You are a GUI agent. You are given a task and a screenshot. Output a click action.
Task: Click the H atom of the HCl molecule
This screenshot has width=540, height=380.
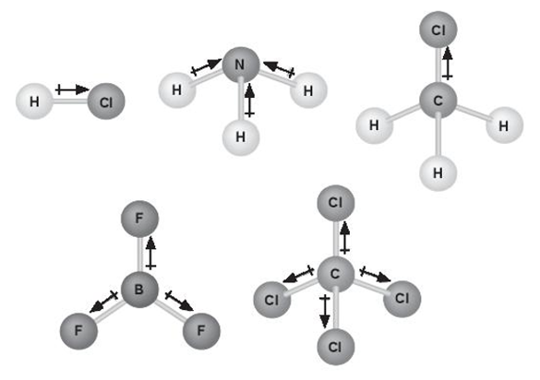[x=34, y=101]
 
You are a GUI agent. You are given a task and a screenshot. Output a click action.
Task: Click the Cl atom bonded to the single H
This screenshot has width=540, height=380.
[x=106, y=101]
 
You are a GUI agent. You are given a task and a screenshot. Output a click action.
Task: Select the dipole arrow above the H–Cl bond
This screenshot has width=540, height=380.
[x=72, y=89]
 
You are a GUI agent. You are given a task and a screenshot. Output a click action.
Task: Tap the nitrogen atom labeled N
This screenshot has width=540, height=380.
[x=240, y=65]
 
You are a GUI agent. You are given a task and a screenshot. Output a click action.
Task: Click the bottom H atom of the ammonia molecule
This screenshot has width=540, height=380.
[x=240, y=137]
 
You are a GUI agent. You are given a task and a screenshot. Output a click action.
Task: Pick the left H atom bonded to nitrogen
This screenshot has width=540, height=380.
[x=177, y=89]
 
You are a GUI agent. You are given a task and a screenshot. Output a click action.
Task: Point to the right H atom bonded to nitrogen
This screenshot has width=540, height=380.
[x=308, y=90]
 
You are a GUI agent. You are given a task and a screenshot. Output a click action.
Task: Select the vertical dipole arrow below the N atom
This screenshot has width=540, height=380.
[x=250, y=101]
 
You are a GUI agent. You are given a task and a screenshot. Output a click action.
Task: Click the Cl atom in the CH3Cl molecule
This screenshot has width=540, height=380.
[x=438, y=30]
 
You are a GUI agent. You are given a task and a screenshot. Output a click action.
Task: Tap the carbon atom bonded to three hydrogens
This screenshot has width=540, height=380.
[x=438, y=101]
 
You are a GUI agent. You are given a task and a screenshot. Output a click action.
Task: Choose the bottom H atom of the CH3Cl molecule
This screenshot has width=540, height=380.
[x=438, y=172]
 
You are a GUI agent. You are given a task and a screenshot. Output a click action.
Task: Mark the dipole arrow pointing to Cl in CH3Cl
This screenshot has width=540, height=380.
[x=448, y=64]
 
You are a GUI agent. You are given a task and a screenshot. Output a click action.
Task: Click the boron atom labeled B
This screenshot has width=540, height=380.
[x=139, y=290]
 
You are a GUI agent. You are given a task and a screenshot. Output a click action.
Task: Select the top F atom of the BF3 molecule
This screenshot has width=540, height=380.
[x=139, y=219]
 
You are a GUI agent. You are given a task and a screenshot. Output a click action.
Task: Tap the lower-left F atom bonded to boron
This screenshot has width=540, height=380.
[x=78, y=331]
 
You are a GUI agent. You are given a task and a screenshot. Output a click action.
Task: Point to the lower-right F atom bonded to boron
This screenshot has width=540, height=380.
[x=201, y=331]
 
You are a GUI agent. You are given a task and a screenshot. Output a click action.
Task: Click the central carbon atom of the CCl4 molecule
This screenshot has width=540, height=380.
[x=335, y=274]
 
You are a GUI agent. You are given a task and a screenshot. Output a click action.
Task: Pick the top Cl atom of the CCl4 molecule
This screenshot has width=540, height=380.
[x=335, y=203]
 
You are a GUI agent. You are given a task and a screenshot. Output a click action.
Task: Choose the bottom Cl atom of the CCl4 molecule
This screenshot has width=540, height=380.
[x=335, y=347]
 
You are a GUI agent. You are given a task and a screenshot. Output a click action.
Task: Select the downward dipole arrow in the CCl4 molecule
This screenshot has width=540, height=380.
[x=324, y=311]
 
